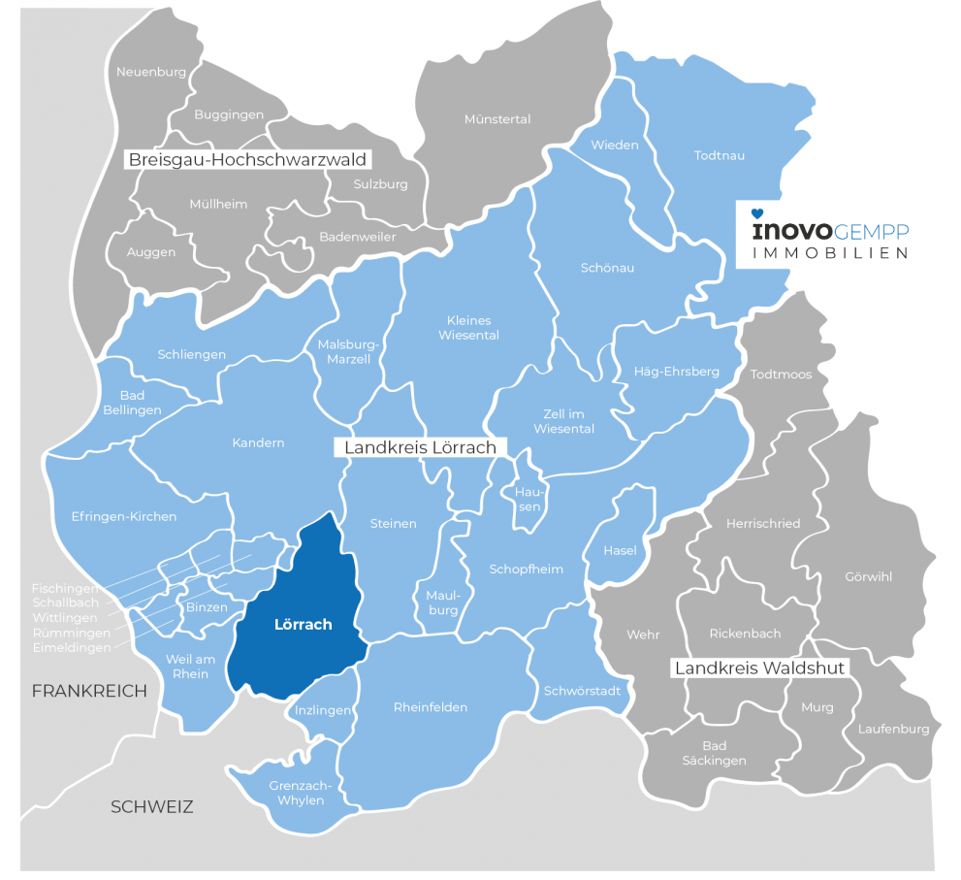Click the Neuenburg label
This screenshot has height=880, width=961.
coord(150,72)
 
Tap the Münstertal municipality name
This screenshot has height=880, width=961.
coord(497,119)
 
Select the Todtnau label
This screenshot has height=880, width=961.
coord(719,154)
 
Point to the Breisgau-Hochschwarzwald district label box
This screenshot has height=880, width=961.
coord(250,159)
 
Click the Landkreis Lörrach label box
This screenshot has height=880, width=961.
coord(415,447)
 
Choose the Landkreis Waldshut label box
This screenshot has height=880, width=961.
coord(760,668)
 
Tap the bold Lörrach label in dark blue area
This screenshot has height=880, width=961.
coord(303,625)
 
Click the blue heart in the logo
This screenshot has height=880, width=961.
coord(758,212)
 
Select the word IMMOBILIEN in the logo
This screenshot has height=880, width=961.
coord(831,252)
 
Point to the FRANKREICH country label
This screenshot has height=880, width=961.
coord(89,691)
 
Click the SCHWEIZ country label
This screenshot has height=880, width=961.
coord(152,806)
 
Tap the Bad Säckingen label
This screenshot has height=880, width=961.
coord(714,753)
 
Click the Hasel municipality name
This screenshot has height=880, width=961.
coord(620,550)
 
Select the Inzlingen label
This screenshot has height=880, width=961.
coord(322,710)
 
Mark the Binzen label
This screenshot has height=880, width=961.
coord(207,607)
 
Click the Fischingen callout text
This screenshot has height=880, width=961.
coord(65,589)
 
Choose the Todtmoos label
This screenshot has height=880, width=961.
coord(781,374)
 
